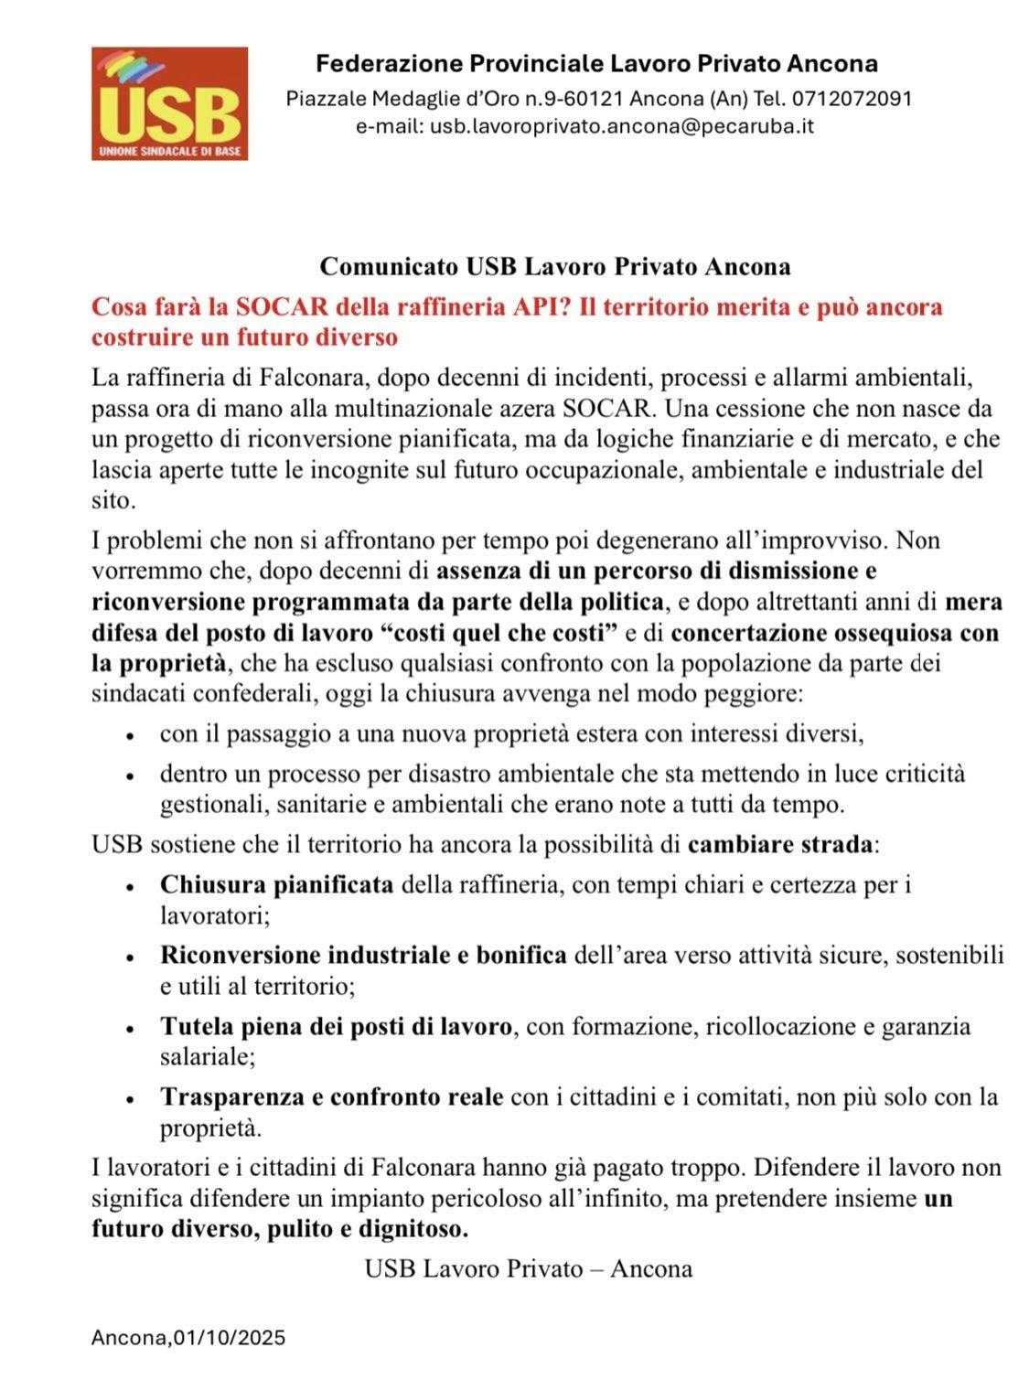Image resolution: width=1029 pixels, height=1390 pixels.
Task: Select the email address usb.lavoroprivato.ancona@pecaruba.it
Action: point(622,125)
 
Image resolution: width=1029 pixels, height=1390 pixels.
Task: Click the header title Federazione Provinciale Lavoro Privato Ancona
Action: point(596,64)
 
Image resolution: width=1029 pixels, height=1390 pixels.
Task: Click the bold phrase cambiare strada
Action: point(780,843)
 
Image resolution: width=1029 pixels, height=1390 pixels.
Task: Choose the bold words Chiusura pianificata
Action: point(276,884)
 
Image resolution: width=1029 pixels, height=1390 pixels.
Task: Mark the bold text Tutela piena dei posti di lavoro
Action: point(336,1026)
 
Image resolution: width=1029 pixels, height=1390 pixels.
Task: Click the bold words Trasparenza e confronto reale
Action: point(331,1096)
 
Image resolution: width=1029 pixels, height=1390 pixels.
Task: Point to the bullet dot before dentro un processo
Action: point(132,775)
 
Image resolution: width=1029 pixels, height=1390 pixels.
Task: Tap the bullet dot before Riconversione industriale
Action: point(132,957)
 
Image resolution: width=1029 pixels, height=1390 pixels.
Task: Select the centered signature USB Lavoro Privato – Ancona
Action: point(528,1268)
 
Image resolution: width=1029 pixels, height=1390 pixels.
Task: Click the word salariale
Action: point(207,1057)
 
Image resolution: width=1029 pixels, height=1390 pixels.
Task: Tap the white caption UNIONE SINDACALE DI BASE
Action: point(169,151)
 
